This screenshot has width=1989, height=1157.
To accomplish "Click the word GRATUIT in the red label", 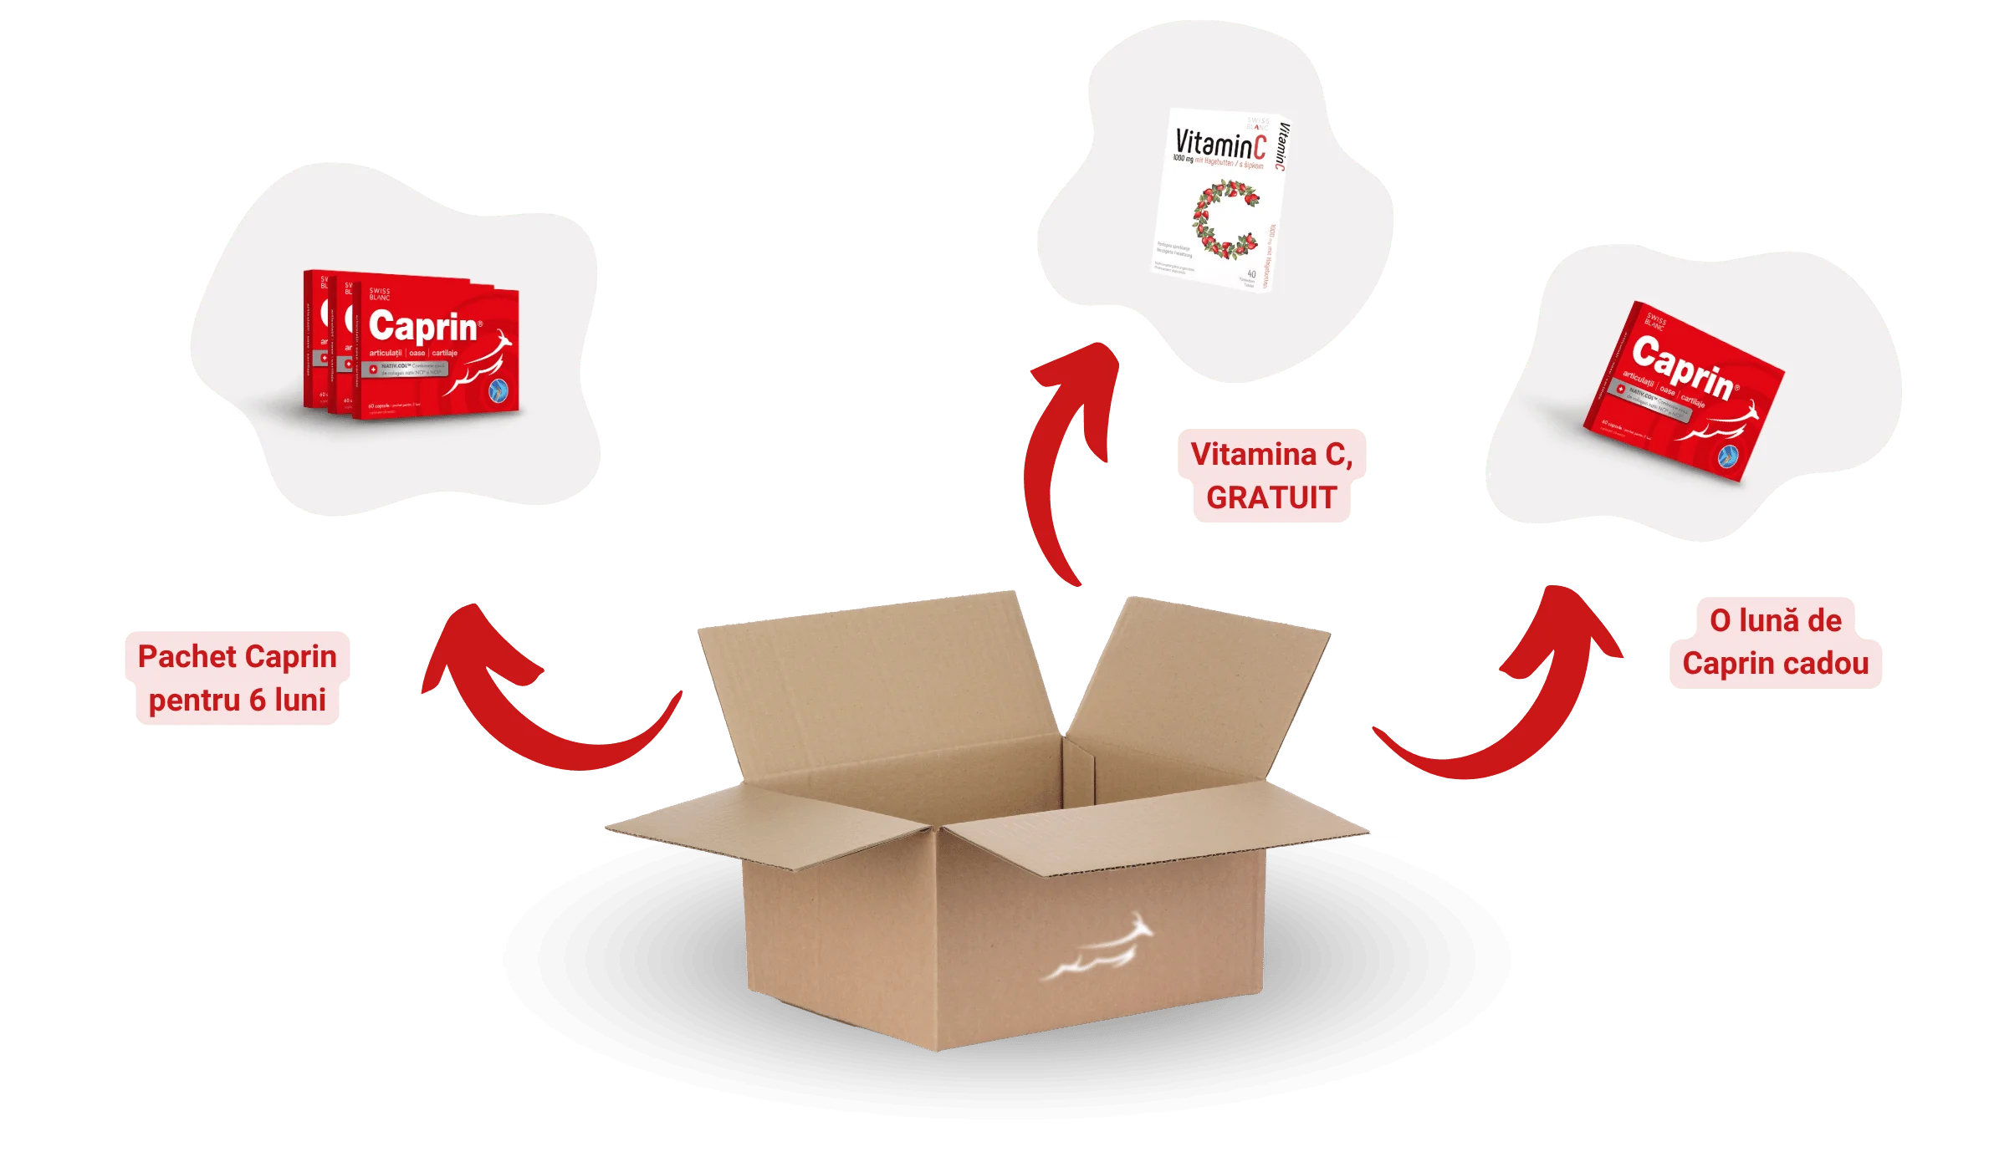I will coord(1271,498).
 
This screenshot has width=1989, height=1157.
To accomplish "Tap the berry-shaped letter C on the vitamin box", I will coord(1223,219).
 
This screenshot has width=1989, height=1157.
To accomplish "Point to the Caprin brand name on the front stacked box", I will coord(423,327).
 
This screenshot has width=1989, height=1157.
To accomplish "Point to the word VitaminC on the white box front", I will coord(1220,145).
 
